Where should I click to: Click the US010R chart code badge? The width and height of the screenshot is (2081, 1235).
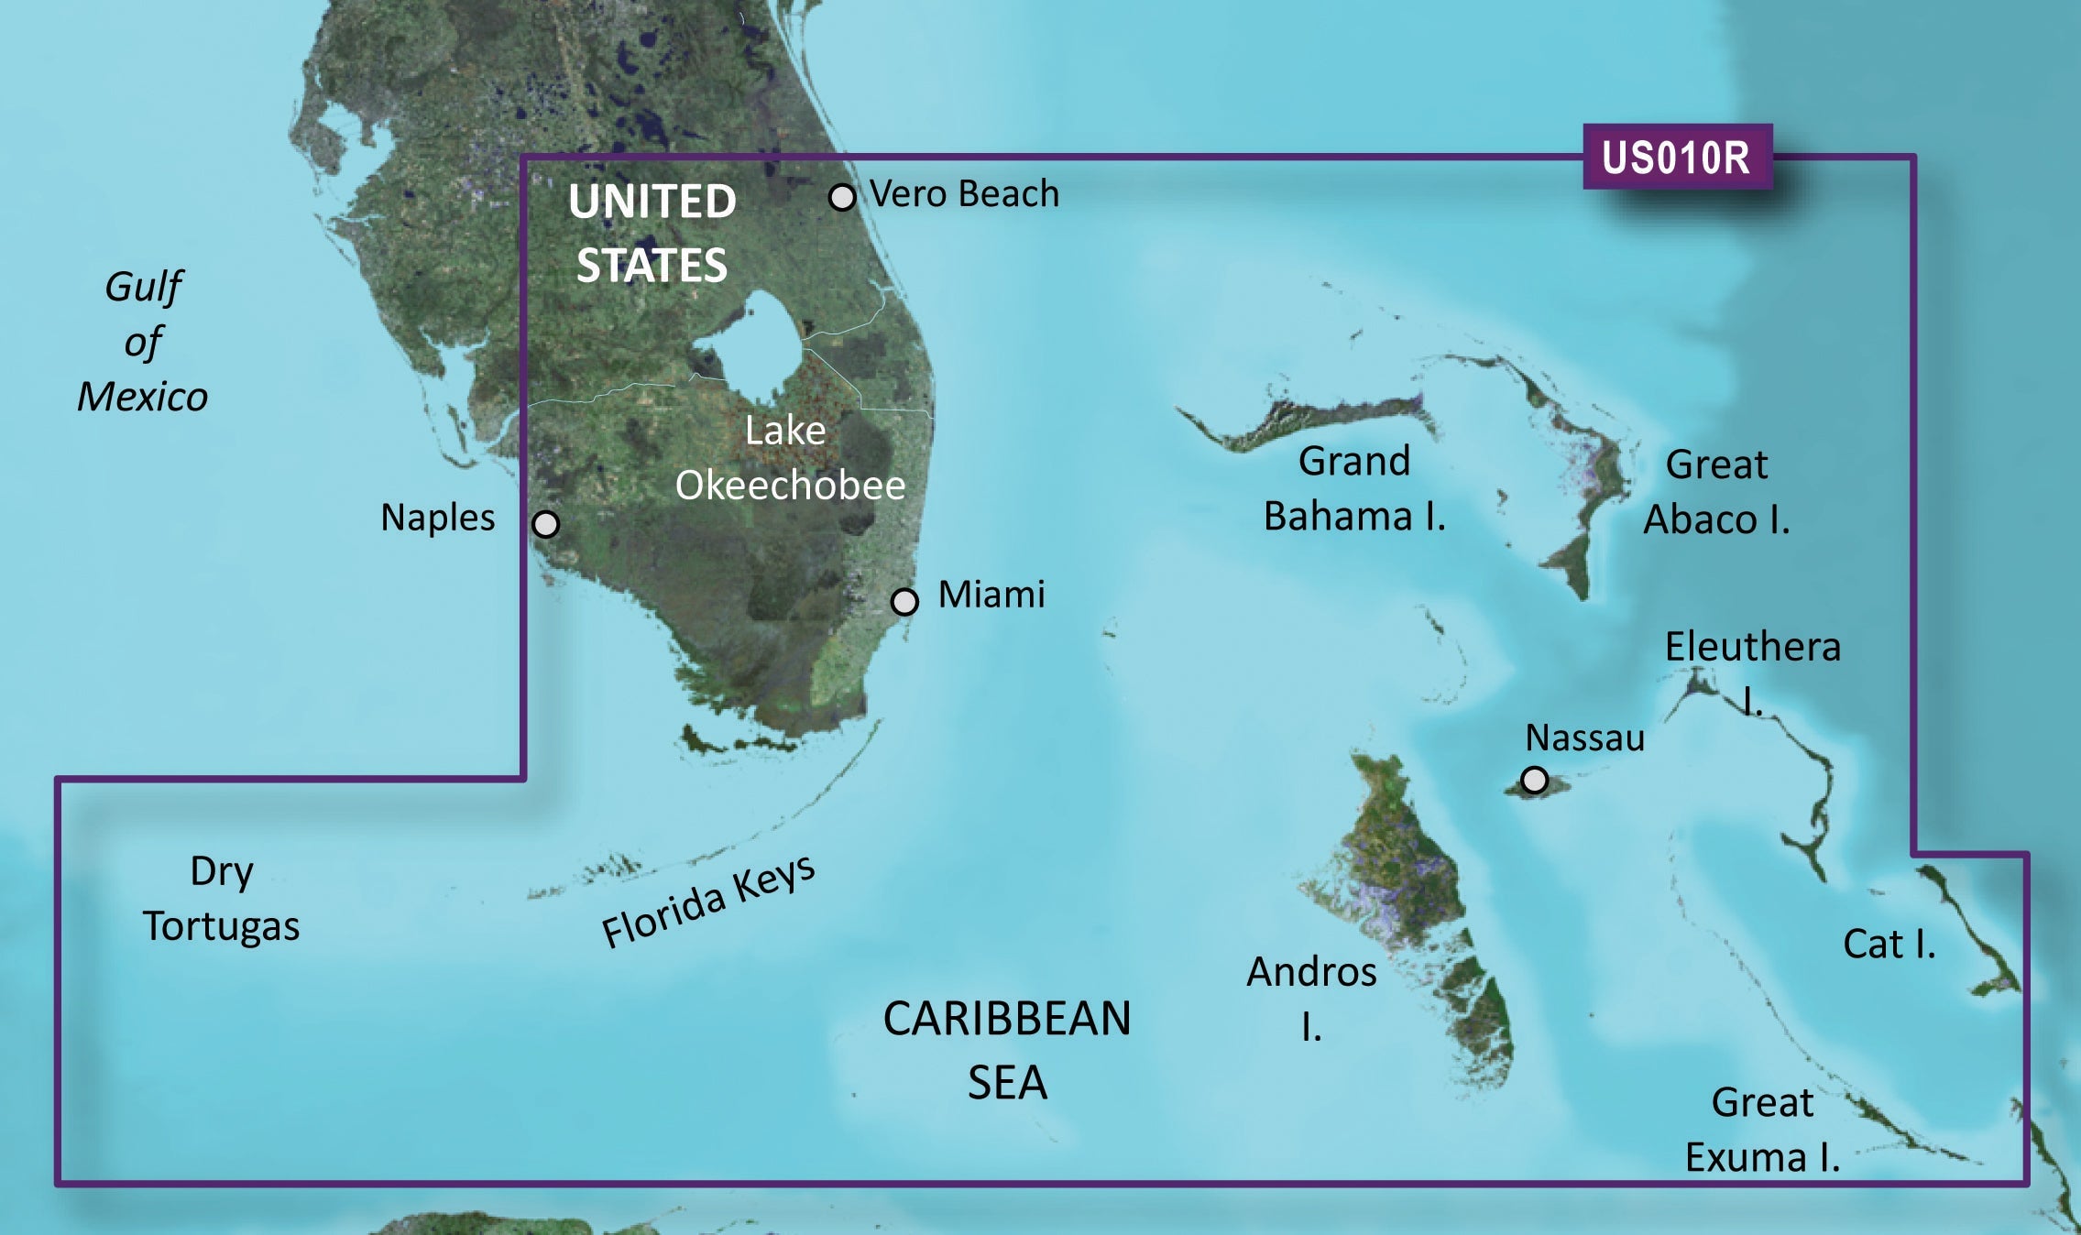click(x=1676, y=158)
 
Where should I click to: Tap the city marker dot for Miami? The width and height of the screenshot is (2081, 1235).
click(x=904, y=602)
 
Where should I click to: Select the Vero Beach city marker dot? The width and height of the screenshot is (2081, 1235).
click(x=842, y=197)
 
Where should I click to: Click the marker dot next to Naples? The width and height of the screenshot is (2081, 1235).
click(x=545, y=524)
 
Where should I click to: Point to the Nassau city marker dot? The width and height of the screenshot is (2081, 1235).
click(x=1534, y=780)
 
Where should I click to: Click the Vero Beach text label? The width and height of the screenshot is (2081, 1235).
click(x=964, y=194)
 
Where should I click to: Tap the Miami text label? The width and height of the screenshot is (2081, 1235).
click(x=991, y=595)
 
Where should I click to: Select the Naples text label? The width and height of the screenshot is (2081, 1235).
click(x=437, y=518)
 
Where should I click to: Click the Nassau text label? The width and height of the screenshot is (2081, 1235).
click(x=1584, y=738)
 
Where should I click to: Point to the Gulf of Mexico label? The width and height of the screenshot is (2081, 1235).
click(x=143, y=342)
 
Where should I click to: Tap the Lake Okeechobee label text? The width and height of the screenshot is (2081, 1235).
click(x=789, y=458)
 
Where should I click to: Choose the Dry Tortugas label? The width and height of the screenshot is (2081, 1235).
click(x=221, y=899)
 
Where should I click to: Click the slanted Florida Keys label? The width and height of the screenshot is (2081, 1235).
click(x=707, y=902)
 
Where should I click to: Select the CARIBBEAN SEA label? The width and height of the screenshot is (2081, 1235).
click(x=1006, y=1050)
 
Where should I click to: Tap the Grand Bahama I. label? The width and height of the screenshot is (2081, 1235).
click(x=1354, y=489)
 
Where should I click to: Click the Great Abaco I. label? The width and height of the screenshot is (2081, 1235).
click(x=1716, y=492)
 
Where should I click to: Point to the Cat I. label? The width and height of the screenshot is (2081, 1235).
click(x=1889, y=944)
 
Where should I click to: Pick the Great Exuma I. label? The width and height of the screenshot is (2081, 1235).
click(x=1762, y=1131)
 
